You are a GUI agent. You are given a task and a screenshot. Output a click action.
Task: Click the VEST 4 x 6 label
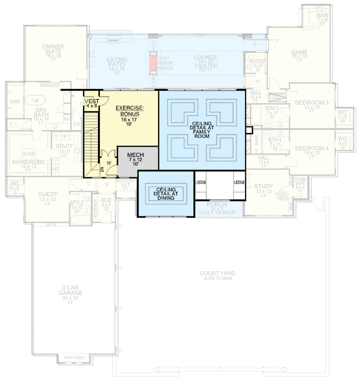(91, 104)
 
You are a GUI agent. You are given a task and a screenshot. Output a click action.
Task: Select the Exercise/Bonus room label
(127, 111)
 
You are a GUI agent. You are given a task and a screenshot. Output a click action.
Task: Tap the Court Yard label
(217, 276)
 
